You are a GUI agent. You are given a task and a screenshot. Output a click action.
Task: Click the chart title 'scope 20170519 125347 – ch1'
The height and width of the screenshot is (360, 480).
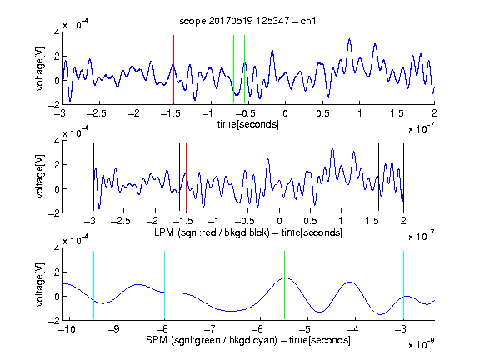[x=247, y=21]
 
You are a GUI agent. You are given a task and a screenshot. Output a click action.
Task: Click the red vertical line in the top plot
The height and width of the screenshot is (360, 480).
[x=173, y=70]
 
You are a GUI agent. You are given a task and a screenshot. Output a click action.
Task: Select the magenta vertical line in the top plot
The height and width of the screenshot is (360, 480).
[x=397, y=70]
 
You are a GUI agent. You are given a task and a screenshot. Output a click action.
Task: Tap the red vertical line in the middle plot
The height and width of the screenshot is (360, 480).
[x=186, y=177]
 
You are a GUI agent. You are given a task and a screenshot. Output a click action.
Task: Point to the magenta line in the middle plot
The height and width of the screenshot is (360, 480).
[x=372, y=177]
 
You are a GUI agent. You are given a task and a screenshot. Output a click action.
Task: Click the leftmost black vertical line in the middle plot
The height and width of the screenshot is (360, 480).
[x=93, y=177]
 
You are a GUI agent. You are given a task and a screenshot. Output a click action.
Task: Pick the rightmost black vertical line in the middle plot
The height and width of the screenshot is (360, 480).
[x=403, y=177]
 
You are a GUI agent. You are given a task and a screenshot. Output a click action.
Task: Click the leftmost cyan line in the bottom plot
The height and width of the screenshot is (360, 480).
[x=93, y=285]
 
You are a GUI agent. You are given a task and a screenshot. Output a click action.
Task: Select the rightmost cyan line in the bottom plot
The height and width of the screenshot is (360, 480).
[x=403, y=285]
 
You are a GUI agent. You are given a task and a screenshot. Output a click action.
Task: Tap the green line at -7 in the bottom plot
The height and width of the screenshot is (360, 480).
[x=212, y=285]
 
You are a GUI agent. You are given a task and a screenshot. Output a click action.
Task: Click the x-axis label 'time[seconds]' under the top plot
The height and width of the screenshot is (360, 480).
[x=248, y=124]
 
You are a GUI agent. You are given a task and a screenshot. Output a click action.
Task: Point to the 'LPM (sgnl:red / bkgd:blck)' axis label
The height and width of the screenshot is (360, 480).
[x=212, y=232]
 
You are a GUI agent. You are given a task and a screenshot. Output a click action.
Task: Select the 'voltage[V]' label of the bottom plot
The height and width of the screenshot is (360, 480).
[x=40, y=284]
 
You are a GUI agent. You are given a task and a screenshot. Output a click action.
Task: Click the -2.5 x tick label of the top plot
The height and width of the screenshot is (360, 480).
[x=97, y=113]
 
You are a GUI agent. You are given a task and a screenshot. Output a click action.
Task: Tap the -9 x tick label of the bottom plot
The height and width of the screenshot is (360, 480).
[x=114, y=329]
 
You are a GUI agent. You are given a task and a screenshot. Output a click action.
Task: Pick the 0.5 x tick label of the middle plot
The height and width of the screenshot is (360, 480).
[x=310, y=221]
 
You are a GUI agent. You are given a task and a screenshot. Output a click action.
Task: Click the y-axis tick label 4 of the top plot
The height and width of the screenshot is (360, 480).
[x=57, y=32]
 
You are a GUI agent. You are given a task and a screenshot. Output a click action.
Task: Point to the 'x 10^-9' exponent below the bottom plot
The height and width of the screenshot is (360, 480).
[x=422, y=344]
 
